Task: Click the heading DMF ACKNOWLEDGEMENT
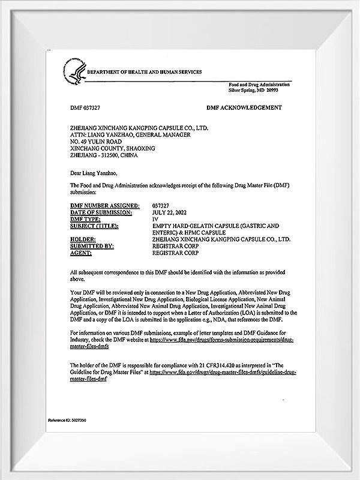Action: [x=244, y=107]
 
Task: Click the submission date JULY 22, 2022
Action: [x=172, y=212]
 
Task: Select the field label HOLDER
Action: [x=84, y=239]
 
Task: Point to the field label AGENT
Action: [x=82, y=253]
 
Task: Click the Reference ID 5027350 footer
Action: [x=69, y=421]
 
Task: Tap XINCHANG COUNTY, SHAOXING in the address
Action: [x=112, y=148]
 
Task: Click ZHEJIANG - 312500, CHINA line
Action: [x=104, y=155]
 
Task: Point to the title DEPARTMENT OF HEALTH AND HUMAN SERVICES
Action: [x=145, y=72]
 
